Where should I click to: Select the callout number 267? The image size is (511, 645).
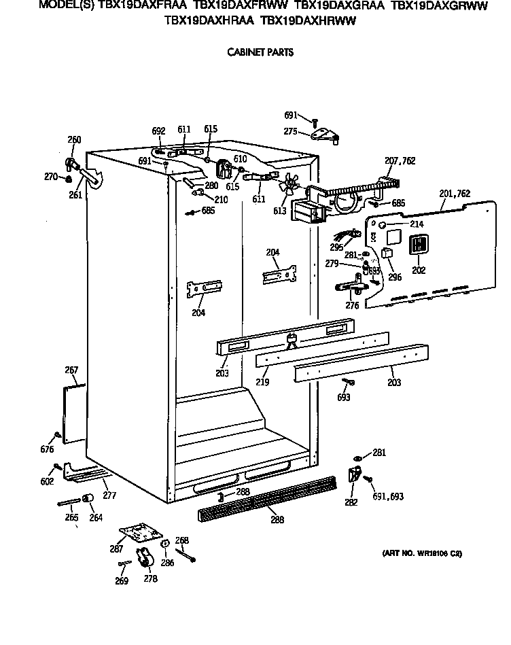(71, 370)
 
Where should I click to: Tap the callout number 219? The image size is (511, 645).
(262, 383)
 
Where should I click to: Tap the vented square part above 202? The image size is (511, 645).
(419, 245)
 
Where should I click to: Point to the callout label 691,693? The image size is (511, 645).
(389, 497)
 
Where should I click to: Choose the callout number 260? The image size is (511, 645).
(74, 140)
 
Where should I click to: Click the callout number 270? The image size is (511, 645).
(51, 177)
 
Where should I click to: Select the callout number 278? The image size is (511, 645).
(150, 579)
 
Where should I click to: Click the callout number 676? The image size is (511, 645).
(47, 449)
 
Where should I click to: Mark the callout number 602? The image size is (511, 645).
(47, 482)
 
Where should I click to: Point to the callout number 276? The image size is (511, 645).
(352, 306)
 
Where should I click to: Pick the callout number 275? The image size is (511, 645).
(291, 131)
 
